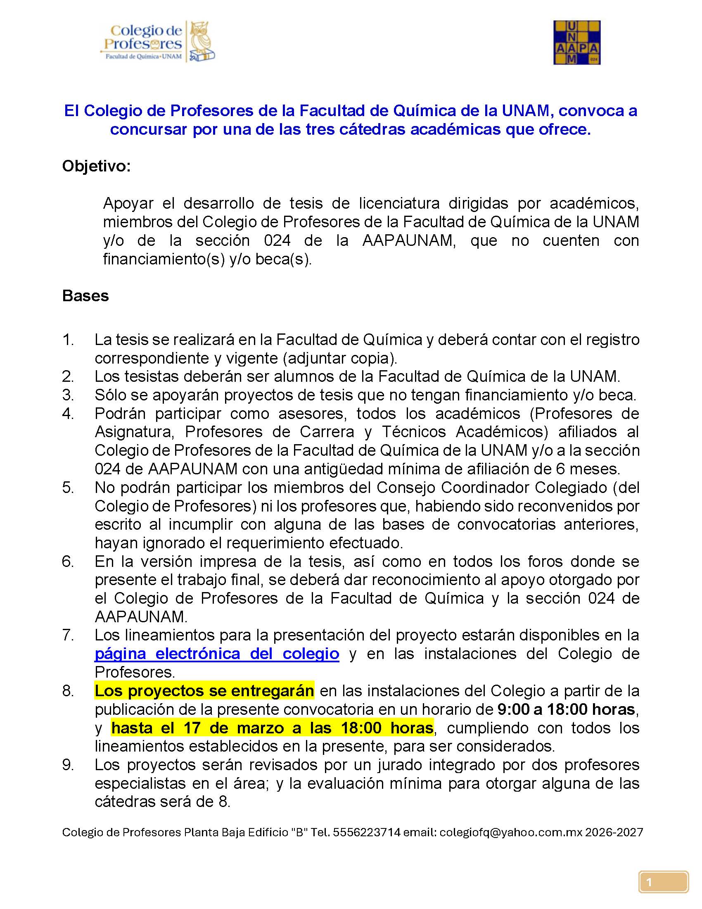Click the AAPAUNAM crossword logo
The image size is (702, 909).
576,43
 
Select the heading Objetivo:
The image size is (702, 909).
97,166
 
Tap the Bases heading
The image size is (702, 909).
85,295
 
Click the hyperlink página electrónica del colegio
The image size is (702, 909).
217,654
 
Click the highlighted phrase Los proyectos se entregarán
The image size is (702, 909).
204,690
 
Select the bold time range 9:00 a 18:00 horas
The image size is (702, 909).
566,709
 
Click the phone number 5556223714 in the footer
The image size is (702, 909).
366,832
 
